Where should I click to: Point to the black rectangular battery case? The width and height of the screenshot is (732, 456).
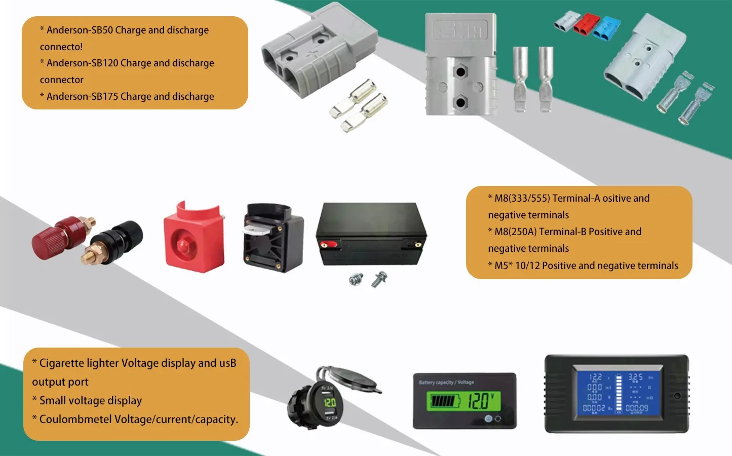371,234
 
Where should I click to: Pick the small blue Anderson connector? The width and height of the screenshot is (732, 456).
606,29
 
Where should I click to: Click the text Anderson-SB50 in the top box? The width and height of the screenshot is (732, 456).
80,30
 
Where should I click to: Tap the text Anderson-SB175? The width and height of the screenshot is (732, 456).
82,97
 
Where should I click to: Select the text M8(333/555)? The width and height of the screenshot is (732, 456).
522,199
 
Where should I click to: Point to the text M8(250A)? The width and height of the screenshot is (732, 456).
515,232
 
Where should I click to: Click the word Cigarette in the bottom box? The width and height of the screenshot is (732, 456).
61,363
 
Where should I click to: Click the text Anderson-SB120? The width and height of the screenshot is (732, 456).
82,63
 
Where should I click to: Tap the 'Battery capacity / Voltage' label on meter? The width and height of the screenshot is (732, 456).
446,382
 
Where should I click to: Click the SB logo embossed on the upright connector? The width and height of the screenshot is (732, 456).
460,31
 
